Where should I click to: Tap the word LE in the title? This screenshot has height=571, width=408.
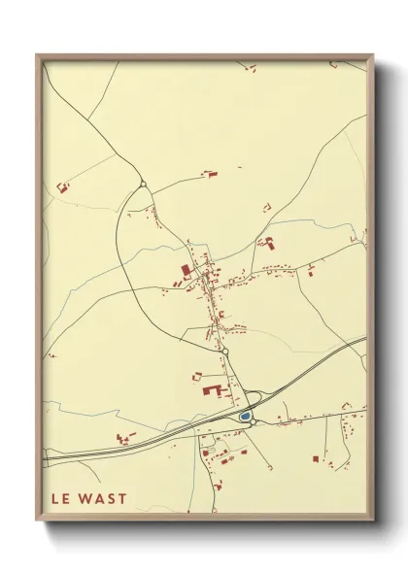[60, 499]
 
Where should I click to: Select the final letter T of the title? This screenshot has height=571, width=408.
[121, 499]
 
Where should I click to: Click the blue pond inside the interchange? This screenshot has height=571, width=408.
[246, 418]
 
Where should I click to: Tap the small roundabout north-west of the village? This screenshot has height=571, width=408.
[143, 183]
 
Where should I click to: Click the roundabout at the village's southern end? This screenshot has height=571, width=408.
[222, 351]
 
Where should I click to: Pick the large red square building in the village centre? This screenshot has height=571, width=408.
[186, 272]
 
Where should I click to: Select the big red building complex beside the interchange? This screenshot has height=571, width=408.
[212, 391]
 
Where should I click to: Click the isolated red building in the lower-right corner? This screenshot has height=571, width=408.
[317, 457]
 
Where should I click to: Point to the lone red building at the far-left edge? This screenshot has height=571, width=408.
[64, 186]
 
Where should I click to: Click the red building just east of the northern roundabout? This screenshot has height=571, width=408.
[210, 175]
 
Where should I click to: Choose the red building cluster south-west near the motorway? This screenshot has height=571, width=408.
[123, 438]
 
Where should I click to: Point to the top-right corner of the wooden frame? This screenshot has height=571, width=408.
[373, 55]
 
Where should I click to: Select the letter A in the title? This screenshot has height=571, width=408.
[99, 499]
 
